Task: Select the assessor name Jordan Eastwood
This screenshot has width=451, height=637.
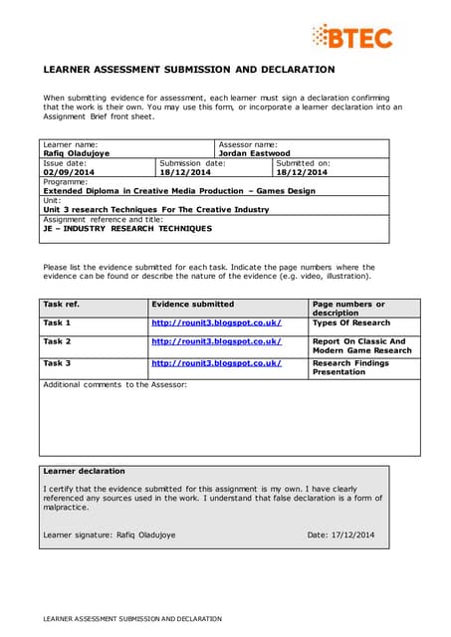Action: coord(254,153)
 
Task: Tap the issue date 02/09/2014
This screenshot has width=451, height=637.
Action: coord(66,172)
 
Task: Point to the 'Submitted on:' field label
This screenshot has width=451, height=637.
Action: coord(303,163)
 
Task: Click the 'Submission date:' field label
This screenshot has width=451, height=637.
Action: coord(192,163)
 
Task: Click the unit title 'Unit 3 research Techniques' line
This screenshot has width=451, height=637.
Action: coord(155,209)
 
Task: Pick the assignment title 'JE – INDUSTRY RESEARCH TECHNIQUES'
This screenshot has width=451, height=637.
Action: coord(127,228)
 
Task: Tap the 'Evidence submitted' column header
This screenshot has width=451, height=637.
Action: coord(192,304)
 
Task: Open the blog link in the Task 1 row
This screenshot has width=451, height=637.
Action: coord(215,322)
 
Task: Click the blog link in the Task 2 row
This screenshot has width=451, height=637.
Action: coord(215,341)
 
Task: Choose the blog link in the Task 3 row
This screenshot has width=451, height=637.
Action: coord(215,363)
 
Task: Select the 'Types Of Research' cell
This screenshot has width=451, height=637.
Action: coord(350,322)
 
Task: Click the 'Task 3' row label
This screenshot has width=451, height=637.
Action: coord(57,363)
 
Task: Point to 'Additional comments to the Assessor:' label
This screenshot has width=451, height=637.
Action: coord(114,384)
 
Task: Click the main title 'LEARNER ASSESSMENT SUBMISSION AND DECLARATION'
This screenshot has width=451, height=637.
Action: coord(188,70)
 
